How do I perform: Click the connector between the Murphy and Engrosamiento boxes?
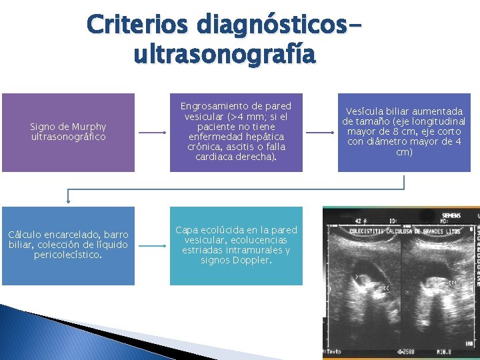152,133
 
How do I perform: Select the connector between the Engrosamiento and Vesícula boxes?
320,133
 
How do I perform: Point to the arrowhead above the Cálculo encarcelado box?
67,200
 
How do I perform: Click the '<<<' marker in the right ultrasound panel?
453,283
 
